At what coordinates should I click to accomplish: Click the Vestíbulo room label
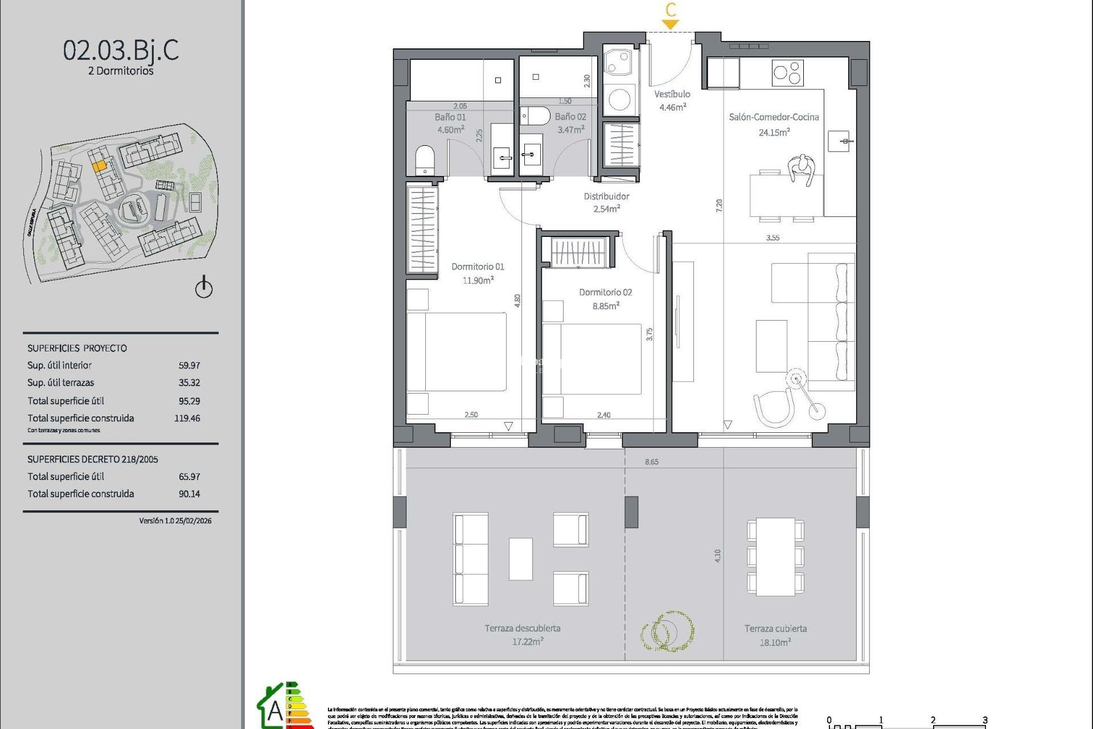pos(672,95)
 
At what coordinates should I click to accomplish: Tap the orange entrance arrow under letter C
pos(671,24)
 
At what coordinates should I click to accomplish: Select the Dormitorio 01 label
pos(478,267)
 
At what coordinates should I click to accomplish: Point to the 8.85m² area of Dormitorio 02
pos(606,306)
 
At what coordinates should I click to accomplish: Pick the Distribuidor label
pos(606,196)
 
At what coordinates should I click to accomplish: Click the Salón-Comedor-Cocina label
pos(774,117)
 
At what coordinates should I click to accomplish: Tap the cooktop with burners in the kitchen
pos(787,73)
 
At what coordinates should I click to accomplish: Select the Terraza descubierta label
pos(523,628)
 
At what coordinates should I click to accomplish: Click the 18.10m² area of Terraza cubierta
pos(775,642)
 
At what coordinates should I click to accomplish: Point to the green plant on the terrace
pos(667,631)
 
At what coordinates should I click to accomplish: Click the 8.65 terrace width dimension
pos(652,462)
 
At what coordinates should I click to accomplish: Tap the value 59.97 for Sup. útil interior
pos(189,366)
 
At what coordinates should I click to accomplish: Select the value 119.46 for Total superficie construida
pos(187,418)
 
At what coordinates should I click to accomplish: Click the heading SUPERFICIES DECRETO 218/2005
pos(93,459)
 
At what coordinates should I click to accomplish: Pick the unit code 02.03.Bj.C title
pos(121,50)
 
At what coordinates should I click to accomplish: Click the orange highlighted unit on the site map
pos(99,166)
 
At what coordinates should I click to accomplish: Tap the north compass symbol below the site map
pos(204,287)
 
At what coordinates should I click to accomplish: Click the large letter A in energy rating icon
pos(276,711)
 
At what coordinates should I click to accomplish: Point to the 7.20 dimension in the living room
pos(719,206)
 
